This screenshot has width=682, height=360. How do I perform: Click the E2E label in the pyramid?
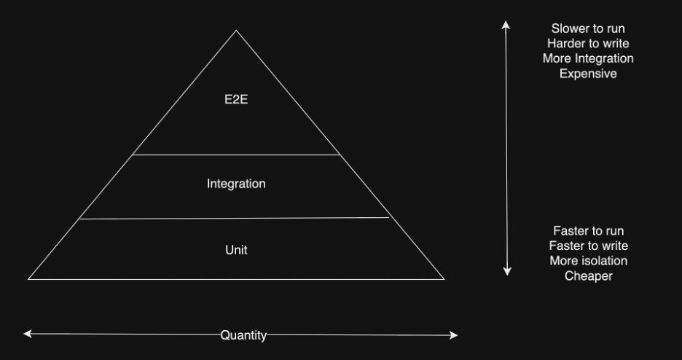[x=236, y=100]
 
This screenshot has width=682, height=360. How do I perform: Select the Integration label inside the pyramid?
[x=236, y=184]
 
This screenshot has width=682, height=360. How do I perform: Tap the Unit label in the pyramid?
[x=236, y=250]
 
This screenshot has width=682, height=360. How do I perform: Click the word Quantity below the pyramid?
[x=243, y=335]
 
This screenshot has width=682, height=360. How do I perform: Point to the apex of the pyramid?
[x=236, y=31]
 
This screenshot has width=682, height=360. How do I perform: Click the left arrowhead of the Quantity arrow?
[x=26, y=334]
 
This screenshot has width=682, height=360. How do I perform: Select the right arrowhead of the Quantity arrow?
[x=455, y=335]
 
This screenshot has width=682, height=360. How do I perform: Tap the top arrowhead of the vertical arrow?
[x=506, y=24]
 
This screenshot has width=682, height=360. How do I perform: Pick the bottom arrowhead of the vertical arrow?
[x=507, y=273]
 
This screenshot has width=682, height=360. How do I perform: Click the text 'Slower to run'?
[x=588, y=29]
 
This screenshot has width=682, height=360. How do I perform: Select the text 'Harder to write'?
[x=588, y=44]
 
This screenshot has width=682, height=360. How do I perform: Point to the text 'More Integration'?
[x=588, y=58]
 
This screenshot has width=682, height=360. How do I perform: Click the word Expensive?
[x=588, y=74]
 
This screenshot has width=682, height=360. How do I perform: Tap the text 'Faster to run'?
[x=588, y=231]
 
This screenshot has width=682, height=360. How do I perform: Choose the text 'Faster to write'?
[x=588, y=246]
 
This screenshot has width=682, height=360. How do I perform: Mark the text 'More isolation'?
[x=588, y=261]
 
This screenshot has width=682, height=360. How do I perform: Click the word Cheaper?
[x=588, y=276]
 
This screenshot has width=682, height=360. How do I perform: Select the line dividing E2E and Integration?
[x=236, y=154]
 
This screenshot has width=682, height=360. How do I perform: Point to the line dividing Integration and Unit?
[x=235, y=218]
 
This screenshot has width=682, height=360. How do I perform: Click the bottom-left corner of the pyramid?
[x=29, y=278]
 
